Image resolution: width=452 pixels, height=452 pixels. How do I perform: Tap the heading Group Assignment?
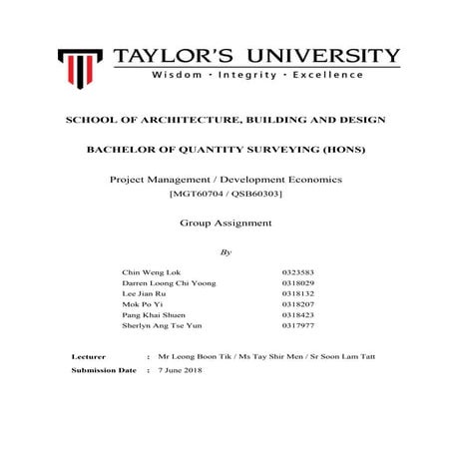pos(226,223)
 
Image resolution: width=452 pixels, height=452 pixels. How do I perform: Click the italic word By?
pos(226,251)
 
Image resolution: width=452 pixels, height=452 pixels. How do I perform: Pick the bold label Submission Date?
pos(104,370)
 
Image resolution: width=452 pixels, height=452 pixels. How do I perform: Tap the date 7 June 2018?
pos(181,370)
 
